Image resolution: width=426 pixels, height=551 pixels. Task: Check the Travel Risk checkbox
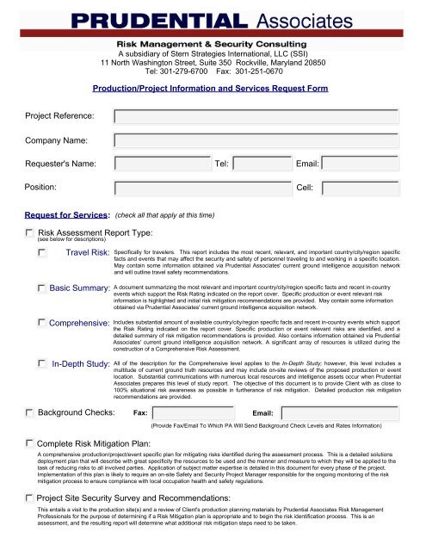click(42, 251)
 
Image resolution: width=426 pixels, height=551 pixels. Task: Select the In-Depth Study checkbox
click(42, 365)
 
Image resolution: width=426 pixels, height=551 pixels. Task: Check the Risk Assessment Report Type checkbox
click(30, 232)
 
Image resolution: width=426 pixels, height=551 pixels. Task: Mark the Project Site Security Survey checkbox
click(30, 498)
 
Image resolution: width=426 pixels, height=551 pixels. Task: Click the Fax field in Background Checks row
click(202, 413)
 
